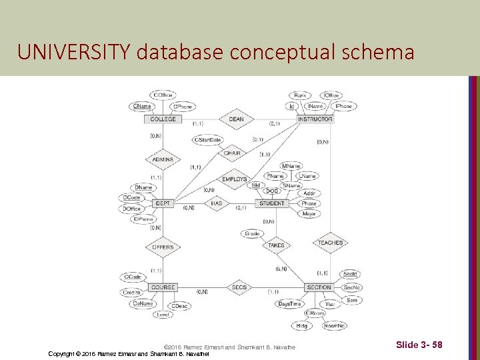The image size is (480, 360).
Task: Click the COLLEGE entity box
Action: coord(163,119)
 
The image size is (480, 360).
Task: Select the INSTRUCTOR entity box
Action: coord(315,119)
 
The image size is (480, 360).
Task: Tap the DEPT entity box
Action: coord(163,203)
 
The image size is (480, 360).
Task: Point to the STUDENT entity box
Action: coord(271,203)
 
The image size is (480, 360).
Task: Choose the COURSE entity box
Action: coord(163,287)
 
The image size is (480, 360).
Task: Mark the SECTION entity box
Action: coord(319,287)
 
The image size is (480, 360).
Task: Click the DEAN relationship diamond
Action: coord(236,119)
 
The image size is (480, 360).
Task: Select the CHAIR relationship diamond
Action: coord(232,153)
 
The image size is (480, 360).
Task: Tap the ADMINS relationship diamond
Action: coord(163,159)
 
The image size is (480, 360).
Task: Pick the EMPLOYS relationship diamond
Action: coord(234,179)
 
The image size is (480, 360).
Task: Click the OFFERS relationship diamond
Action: coord(163,247)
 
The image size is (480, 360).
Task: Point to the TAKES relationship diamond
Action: coord(276,245)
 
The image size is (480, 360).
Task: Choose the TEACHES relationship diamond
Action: coord(330,243)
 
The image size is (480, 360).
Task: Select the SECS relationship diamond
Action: coord(239,287)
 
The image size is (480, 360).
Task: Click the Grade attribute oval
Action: coord(252,234)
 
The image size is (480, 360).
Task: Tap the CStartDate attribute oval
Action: coord(207,140)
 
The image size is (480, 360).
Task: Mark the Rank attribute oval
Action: coord(300,96)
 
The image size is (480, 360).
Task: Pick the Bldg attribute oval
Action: coord(302,326)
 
